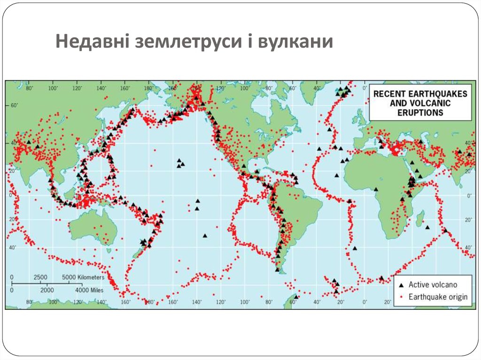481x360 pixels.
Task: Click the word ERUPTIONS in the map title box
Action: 420,113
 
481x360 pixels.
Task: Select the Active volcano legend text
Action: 433,285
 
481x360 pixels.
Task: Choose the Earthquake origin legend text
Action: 438,297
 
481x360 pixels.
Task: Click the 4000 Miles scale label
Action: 89,291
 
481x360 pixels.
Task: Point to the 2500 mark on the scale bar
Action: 41,277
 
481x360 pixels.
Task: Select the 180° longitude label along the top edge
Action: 148,88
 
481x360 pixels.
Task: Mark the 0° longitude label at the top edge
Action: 365,88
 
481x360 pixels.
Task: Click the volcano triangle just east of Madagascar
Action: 427,227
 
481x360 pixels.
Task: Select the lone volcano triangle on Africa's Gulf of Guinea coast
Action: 376,189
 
